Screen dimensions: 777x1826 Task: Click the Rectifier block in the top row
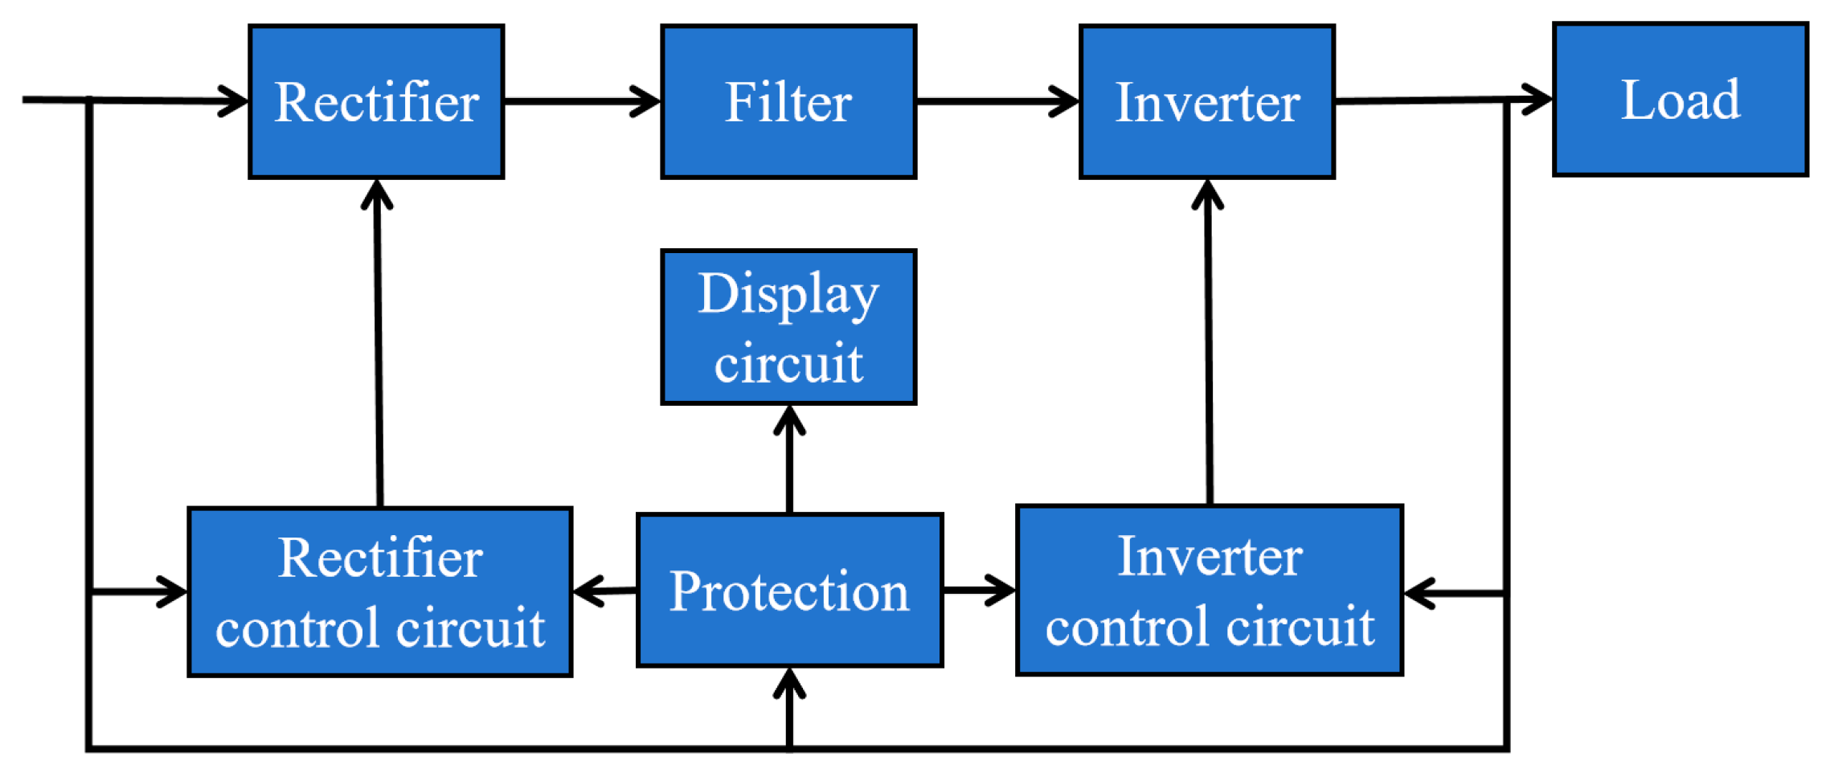[x=376, y=102]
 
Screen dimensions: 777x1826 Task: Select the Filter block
[x=788, y=102]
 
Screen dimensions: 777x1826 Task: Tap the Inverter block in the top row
[x=1206, y=102]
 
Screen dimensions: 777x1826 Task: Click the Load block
[x=1680, y=100]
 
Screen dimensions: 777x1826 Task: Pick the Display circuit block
[x=788, y=327]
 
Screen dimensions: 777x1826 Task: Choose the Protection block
[x=789, y=591]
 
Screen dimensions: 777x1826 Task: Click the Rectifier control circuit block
[x=379, y=592]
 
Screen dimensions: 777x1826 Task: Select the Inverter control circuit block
[x=1209, y=591]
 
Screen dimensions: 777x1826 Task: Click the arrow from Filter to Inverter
[x=997, y=101]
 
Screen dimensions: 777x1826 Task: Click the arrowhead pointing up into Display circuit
[x=789, y=419]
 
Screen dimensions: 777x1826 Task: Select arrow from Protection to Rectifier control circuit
[x=604, y=591]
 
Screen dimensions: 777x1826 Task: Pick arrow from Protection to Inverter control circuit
[x=979, y=590]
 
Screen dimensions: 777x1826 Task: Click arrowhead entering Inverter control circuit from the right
[x=1419, y=594]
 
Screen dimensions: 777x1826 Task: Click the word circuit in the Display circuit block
[x=788, y=363]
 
